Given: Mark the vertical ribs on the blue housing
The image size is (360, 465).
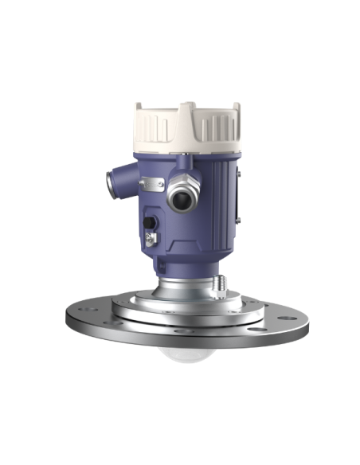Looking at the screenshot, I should (221, 191).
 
